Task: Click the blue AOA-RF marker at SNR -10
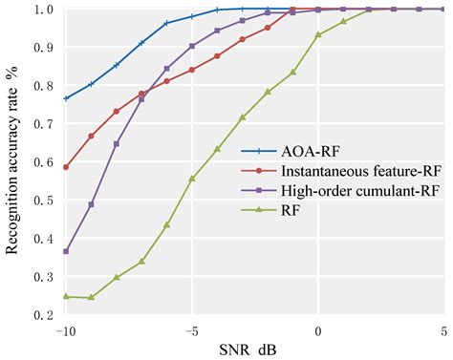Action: (x=66, y=98)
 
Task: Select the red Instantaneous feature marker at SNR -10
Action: (x=66, y=167)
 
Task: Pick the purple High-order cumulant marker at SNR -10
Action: (x=66, y=251)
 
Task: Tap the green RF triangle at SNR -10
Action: (x=66, y=296)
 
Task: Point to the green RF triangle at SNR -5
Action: (x=192, y=179)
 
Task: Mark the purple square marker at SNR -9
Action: (x=91, y=204)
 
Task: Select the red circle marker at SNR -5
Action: (x=192, y=70)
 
